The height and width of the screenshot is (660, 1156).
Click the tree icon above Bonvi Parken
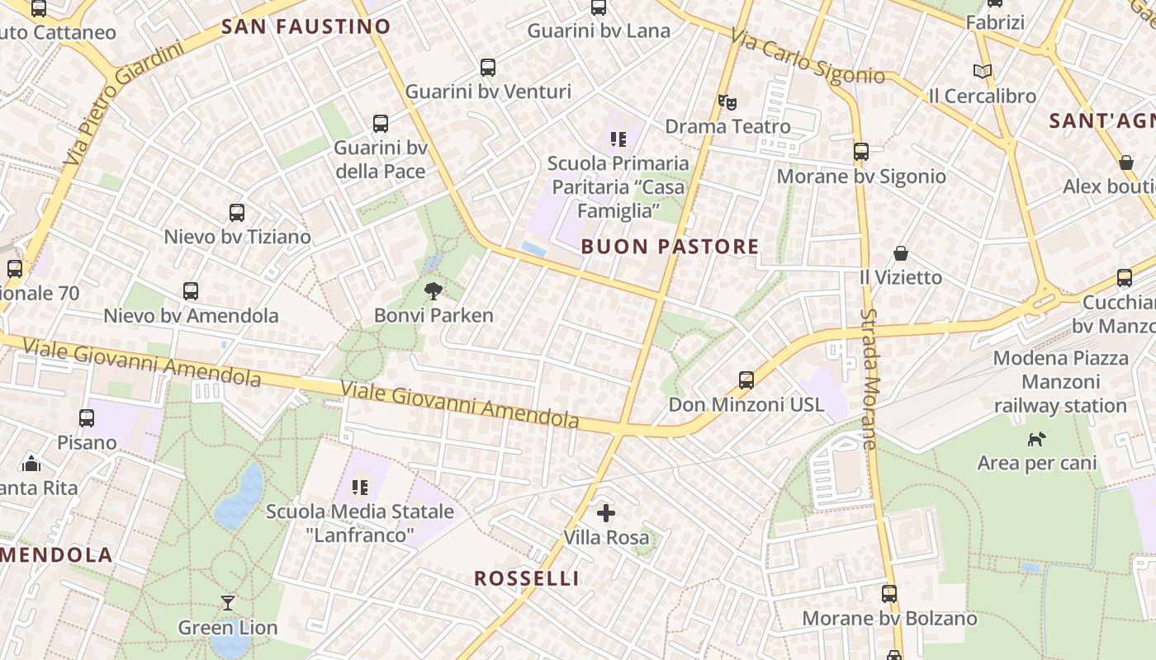pyautogui.click(x=433, y=290)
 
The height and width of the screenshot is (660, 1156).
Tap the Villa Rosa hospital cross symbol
pyautogui.click(x=606, y=513)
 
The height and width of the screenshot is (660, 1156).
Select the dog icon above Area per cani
pyautogui.click(x=1036, y=439)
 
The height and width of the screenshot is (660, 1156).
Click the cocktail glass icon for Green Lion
pyautogui.click(x=228, y=602)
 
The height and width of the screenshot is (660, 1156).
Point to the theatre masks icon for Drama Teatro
pyautogui.click(x=727, y=101)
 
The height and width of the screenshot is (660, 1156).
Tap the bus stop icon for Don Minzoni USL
pyautogui.click(x=746, y=379)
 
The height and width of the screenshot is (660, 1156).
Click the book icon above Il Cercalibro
pyautogui.click(x=982, y=72)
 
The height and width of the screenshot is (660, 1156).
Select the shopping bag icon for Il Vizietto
pyautogui.click(x=901, y=252)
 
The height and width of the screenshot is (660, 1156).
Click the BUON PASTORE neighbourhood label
pyautogui.click(x=670, y=247)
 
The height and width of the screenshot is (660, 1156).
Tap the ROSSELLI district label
pyautogui.click(x=527, y=578)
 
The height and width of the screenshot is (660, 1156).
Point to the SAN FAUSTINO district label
pyautogui.click(x=306, y=27)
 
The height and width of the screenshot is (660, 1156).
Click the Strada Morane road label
pyautogui.click(x=869, y=379)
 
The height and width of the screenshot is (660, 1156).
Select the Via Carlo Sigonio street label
pyautogui.click(x=808, y=58)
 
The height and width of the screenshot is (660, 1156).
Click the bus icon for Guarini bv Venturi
pyautogui.click(x=488, y=67)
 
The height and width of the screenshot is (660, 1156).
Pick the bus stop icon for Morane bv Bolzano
pyautogui.click(x=889, y=593)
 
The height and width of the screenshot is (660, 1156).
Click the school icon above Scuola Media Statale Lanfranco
pyautogui.click(x=360, y=488)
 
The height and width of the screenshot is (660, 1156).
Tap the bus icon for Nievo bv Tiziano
pyautogui.click(x=237, y=212)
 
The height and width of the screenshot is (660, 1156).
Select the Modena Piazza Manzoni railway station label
pyautogui.click(x=1060, y=382)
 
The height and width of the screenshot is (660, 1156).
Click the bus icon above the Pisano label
pyautogui.click(x=87, y=418)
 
